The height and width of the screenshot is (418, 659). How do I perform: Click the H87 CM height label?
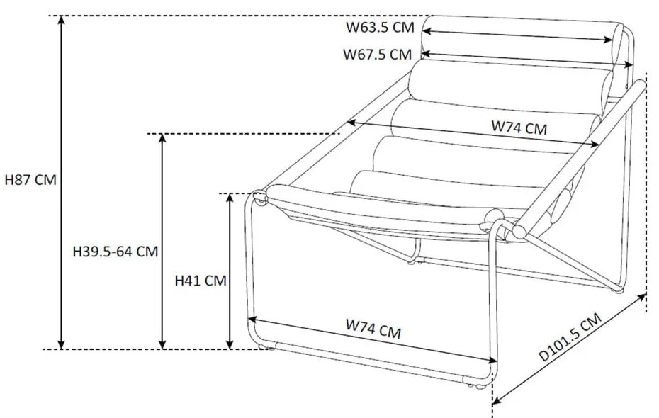pyautogui.click(x=30, y=180)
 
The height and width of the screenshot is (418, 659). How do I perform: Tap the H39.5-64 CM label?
pyautogui.click(x=115, y=251)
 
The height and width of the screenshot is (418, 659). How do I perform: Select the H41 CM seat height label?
pyautogui.click(x=201, y=281)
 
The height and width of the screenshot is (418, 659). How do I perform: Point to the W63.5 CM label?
pyautogui.click(x=380, y=28)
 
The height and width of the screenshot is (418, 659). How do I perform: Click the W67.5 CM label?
pyautogui.click(x=378, y=54)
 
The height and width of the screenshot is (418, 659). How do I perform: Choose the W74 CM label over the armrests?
pyautogui.click(x=519, y=128)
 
